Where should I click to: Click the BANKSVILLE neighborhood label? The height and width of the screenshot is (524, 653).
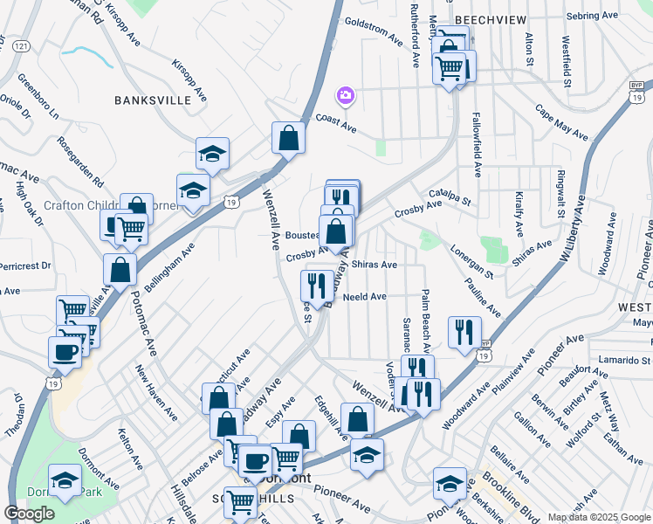click(x=153, y=100)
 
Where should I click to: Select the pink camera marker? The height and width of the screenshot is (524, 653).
click(x=346, y=94)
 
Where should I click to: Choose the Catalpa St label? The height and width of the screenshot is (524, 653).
click(x=450, y=196)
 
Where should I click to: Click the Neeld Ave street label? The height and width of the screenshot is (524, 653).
click(x=365, y=297)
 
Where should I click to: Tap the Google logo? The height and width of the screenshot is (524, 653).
click(x=29, y=514)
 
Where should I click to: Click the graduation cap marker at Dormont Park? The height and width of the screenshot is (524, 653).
click(x=65, y=481)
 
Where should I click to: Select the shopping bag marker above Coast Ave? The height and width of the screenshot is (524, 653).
click(x=288, y=137)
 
